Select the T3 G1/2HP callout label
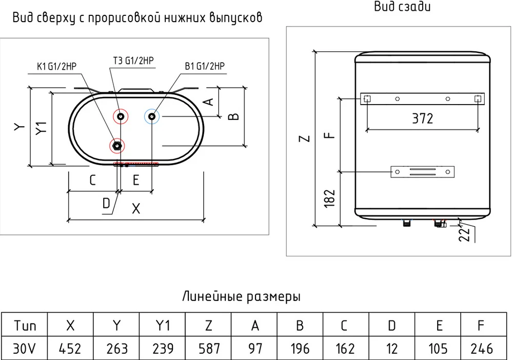point(133,60)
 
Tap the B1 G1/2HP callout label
point(204,66)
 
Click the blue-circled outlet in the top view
point(152,117)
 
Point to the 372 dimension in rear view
point(423,118)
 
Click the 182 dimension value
point(330,198)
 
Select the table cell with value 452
point(70,349)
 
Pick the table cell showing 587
point(208,349)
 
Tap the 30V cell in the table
point(24,349)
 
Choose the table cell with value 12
point(392,349)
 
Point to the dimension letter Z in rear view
point(305,138)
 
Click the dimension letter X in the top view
point(136,209)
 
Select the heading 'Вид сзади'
point(409,7)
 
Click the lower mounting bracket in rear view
point(423,171)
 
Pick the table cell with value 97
point(254,349)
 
